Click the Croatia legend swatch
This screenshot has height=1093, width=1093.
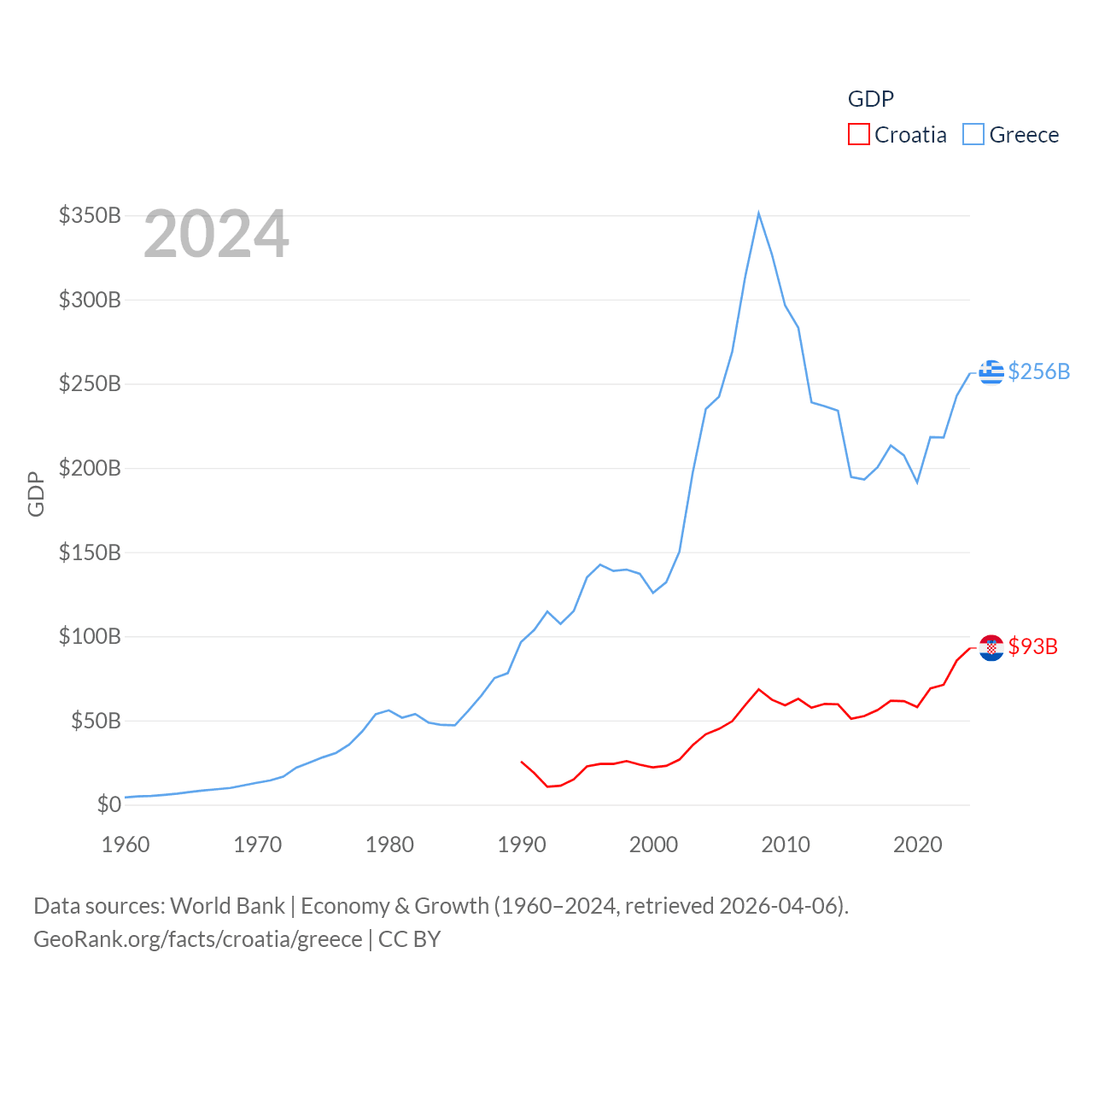pos(858,135)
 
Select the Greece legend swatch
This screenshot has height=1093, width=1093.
pos(973,135)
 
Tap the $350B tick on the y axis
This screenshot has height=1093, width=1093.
pos(90,215)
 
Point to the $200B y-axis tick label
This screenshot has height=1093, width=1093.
pos(90,468)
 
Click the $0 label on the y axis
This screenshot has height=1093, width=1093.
pos(108,804)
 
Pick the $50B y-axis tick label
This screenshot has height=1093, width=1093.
pos(95,721)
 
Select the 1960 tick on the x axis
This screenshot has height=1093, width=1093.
pos(126,845)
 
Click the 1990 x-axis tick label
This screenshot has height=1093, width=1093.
pos(522,845)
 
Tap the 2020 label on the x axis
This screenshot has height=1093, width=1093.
pos(917,845)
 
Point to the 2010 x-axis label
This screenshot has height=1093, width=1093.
pos(786,845)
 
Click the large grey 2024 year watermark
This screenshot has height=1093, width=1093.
pos(216,234)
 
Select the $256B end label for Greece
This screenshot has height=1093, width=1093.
pos(1038,371)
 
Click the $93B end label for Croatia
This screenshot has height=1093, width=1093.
pos(1032,646)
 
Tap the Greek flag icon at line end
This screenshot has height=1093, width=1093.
pos(991,372)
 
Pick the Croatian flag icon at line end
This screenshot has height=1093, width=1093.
pos(991,647)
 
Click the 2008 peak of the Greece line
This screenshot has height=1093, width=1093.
pos(758,213)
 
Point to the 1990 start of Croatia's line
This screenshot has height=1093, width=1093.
pos(522,762)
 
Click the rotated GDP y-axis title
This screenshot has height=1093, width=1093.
pos(36,494)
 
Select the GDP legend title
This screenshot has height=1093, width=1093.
pos(870,99)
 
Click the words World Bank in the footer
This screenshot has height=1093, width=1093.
pos(227,905)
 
